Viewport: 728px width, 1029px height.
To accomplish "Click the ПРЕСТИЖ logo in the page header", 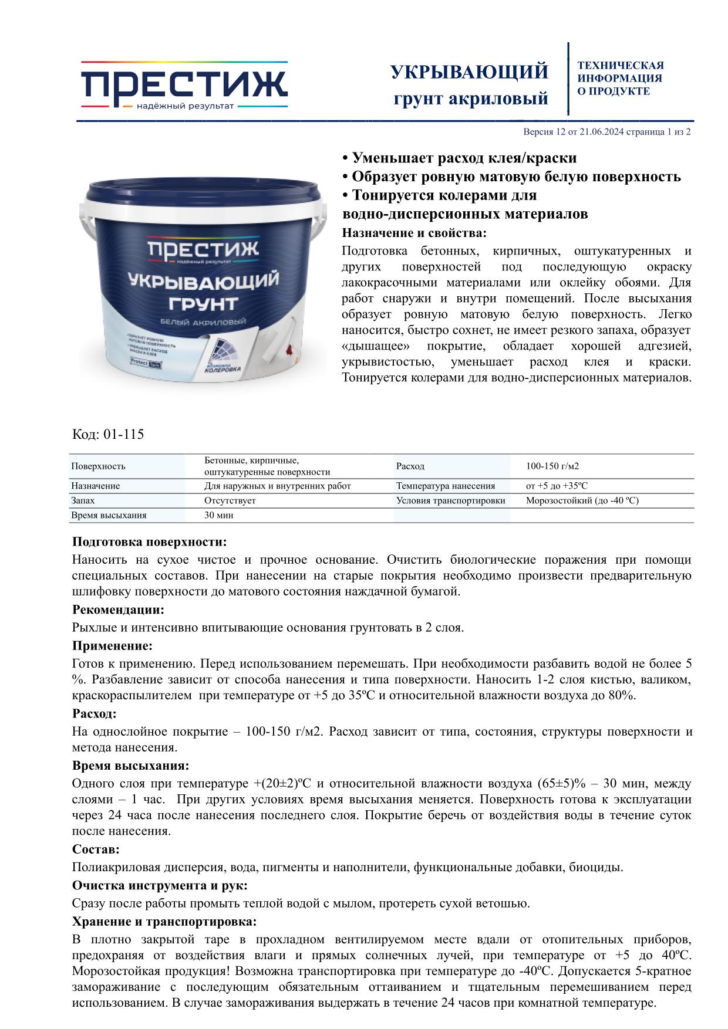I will click(x=184, y=85).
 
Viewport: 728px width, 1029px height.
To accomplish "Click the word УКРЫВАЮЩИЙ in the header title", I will click(x=469, y=72).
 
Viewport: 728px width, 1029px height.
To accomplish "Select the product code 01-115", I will click(x=123, y=435).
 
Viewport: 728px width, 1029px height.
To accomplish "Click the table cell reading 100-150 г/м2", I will click(x=552, y=466).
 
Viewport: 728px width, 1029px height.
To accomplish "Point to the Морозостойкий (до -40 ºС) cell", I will click(x=582, y=501).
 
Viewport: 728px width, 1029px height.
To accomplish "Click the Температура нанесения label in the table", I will click(x=445, y=486).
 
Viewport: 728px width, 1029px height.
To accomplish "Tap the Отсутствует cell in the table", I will click(x=230, y=501).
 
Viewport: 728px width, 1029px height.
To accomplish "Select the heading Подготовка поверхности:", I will click(x=149, y=541).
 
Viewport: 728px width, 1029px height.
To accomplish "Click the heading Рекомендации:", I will click(x=118, y=610).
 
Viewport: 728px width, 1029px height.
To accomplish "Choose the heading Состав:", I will click(x=96, y=849).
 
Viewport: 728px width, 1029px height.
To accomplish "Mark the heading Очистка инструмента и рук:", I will click(x=160, y=885).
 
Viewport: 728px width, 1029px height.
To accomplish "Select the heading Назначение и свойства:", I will click(x=414, y=233).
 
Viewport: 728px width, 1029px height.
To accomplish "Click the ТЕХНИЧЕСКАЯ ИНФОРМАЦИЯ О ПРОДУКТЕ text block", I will click(x=620, y=78).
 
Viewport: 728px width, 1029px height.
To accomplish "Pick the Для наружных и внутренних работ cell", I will click(x=277, y=486).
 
